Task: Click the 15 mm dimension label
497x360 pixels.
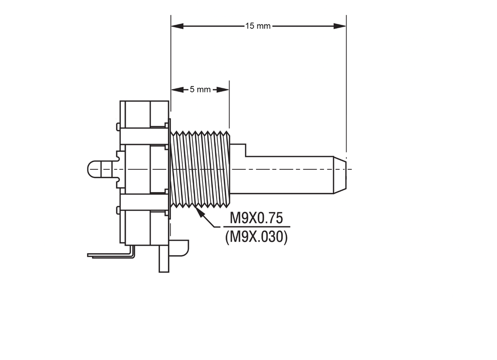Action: (x=257, y=26)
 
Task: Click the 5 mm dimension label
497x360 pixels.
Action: (x=200, y=89)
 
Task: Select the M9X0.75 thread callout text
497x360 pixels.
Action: (x=256, y=218)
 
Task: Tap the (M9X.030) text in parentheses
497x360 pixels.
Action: (x=256, y=237)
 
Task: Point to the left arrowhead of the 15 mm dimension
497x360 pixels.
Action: (x=177, y=26)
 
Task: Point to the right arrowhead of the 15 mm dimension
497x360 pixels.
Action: (x=340, y=26)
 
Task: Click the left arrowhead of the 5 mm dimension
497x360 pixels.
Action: (x=177, y=90)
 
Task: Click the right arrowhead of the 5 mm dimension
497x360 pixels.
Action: (x=223, y=90)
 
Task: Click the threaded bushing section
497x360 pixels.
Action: (x=200, y=169)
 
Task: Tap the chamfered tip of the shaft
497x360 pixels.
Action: (x=340, y=175)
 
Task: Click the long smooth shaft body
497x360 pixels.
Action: (x=290, y=175)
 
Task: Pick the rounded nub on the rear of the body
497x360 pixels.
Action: (x=101, y=169)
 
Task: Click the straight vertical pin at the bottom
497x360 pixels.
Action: (x=164, y=258)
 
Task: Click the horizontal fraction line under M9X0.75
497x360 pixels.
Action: (x=257, y=227)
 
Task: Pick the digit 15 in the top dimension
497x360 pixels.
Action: (x=249, y=26)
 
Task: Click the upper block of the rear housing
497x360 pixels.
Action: (x=144, y=114)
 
